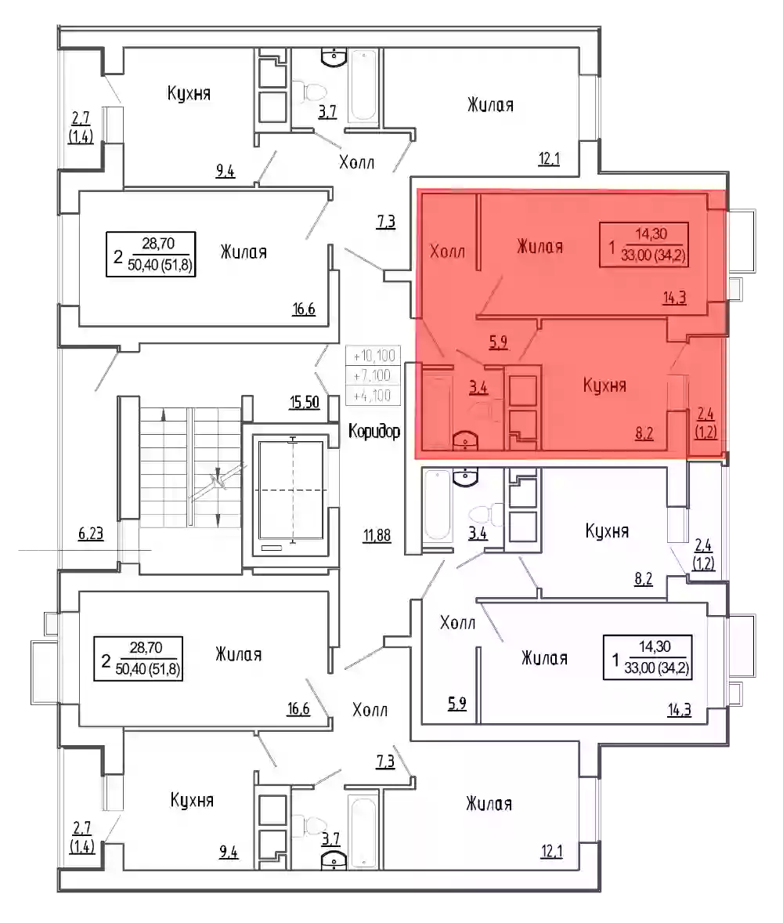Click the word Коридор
(x=374, y=432)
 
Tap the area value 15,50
(x=304, y=403)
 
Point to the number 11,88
(x=377, y=536)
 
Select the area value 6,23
(x=91, y=534)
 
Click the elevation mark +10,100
(x=373, y=357)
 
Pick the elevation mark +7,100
(x=373, y=375)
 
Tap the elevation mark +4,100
(x=373, y=395)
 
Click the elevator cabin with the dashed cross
(x=292, y=490)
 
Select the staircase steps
(x=190, y=468)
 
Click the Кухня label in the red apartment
(x=604, y=385)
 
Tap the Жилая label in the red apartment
(x=540, y=246)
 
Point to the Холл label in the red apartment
(x=448, y=252)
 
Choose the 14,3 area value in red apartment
(x=674, y=298)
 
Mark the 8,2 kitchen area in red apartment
(x=644, y=434)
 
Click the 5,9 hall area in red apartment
(x=498, y=342)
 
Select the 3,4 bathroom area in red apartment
(x=478, y=388)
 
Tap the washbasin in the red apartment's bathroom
(x=465, y=440)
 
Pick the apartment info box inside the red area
(x=644, y=245)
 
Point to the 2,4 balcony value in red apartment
(x=705, y=415)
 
